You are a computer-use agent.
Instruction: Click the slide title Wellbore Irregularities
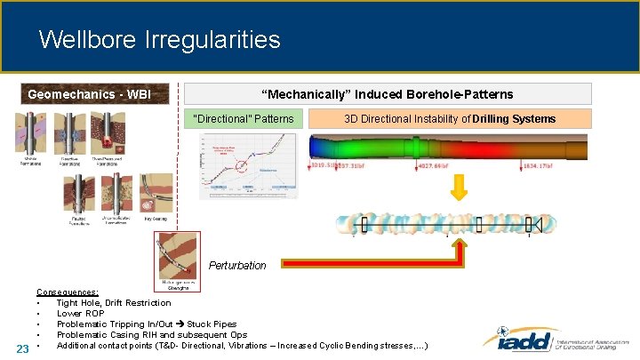tap(160, 40)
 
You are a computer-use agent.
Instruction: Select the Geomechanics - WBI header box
tap(89, 94)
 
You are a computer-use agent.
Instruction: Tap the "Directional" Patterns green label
tap(249, 118)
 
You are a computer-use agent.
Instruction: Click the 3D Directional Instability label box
tap(450, 118)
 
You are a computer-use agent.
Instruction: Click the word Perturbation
tap(237, 265)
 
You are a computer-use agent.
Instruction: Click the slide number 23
tap(24, 347)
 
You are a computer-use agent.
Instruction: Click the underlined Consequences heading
tap(67, 292)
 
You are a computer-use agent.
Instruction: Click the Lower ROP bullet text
tap(83, 314)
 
